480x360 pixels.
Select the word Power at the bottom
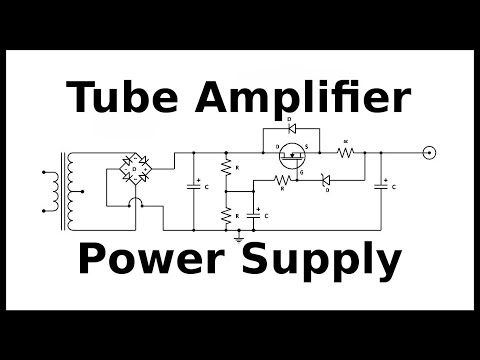coord(146,261)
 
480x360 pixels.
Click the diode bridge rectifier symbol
coord(133,167)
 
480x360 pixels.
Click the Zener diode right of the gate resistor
coord(325,180)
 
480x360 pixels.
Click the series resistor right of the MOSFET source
coord(346,153)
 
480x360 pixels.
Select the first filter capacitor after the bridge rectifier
coord(194,185)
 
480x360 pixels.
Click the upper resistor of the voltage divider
coord(227,167)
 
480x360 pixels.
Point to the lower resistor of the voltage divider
coord(227,214)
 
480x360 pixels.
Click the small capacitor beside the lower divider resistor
coord(256,214)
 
